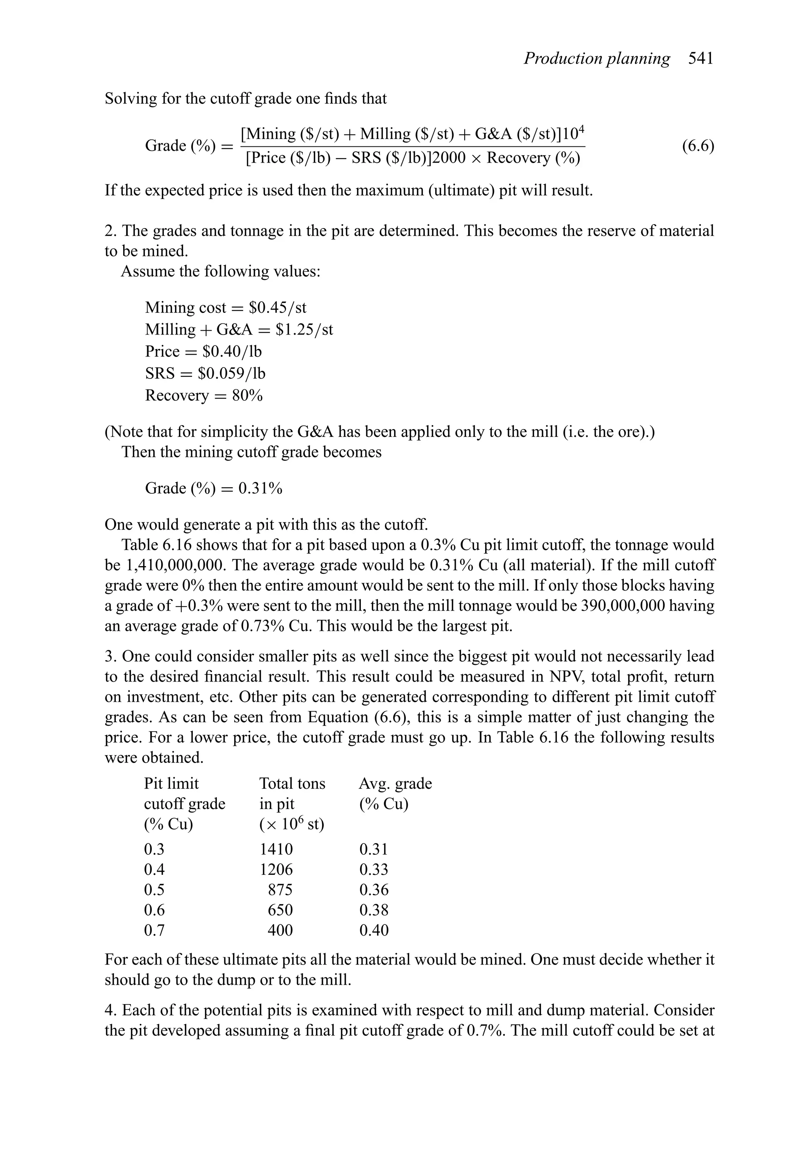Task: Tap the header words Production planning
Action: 597,59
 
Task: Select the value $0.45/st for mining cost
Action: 277,308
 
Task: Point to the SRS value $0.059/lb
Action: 232,374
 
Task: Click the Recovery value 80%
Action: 247,395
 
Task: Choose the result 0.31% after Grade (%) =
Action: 260,488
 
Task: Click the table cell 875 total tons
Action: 280,890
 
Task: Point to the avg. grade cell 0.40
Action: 374,931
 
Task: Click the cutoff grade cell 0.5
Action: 154,890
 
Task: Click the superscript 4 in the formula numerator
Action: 581,129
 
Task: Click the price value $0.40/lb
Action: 232,352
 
